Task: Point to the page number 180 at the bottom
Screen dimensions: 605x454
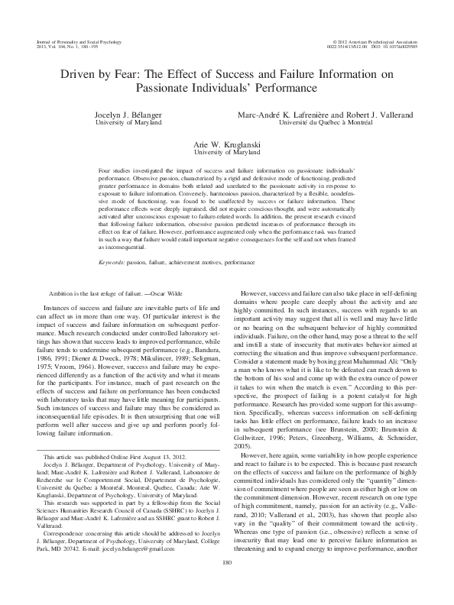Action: click(227, 584)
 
